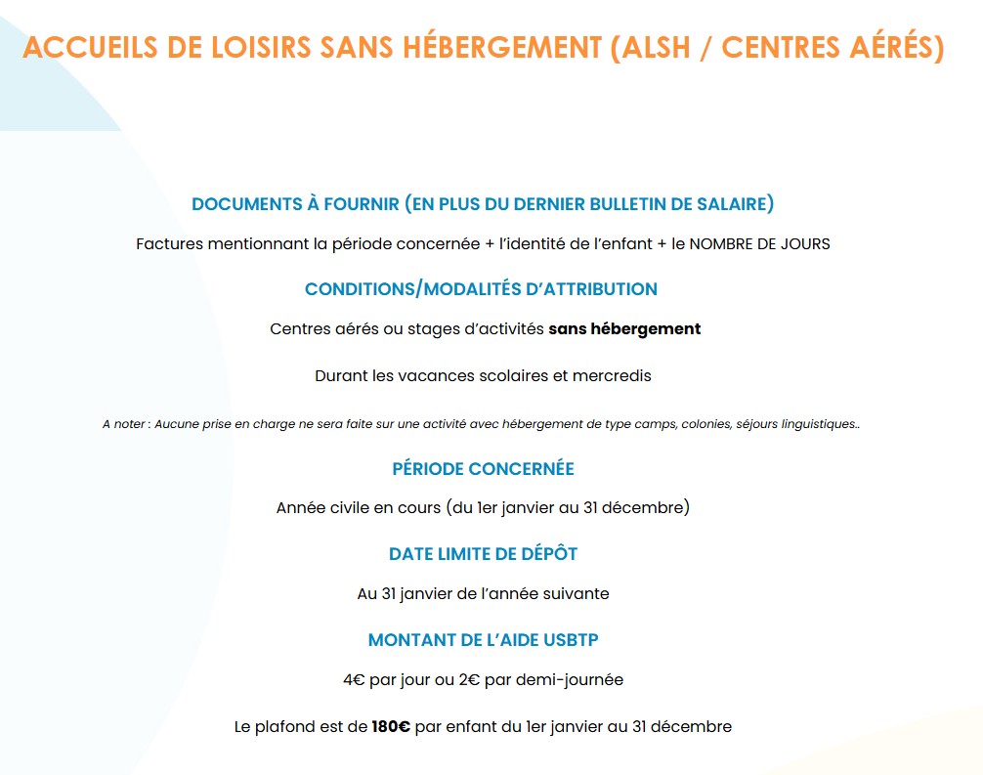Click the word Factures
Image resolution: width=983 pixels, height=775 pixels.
pyautogui.click(x=169, y=243)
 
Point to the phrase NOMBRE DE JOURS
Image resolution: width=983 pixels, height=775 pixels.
pyautogui.click(x=759, y=243)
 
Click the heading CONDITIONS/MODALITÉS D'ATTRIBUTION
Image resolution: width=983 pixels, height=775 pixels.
pyautogui.click(x=481, y=289)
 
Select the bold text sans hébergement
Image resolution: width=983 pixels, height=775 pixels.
pyautogui.click(x=624, y=329)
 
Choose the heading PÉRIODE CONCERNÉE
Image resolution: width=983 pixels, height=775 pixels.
pyautogui.click(x=483, y=469)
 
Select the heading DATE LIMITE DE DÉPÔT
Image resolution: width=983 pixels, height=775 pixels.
pyautogui.click(x=483, y=554)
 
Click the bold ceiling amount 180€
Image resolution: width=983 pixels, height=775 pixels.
pyautogui.click(x=391, y=727)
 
